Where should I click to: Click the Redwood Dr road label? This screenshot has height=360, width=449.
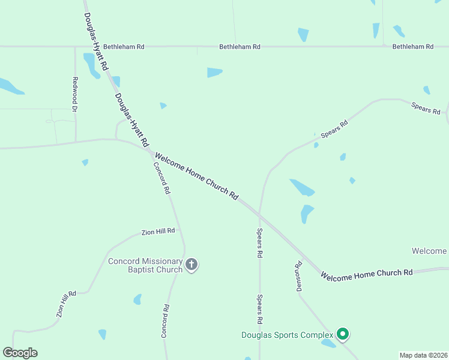tap(75, 95)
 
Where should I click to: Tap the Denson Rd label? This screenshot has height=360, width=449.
tap(298, 276)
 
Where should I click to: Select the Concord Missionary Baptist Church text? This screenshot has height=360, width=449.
tap(145, 265)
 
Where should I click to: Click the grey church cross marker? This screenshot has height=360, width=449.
tap(191, 265)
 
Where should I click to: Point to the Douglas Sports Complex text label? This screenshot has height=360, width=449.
tap(287, 335)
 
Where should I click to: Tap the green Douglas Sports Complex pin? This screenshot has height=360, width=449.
tap(343, 334)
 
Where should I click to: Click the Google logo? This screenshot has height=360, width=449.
tap(20, 353)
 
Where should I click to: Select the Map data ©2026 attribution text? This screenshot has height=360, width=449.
tap(423, 355)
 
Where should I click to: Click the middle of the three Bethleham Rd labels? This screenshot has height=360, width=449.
tap(240, 46)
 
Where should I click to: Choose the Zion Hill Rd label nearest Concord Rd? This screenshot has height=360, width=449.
tap(158, 231)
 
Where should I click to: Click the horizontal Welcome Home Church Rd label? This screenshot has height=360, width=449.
tap(366, 274)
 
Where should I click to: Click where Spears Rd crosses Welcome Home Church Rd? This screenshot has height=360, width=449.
tap(259, 214)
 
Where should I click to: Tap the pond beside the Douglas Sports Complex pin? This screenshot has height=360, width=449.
tap(328, 343)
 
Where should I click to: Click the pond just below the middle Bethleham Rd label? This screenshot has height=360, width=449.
tap(214, 73)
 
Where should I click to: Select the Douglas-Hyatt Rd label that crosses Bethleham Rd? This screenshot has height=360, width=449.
tap(96, 41)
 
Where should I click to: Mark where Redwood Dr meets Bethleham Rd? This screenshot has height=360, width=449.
tap(75, 46)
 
